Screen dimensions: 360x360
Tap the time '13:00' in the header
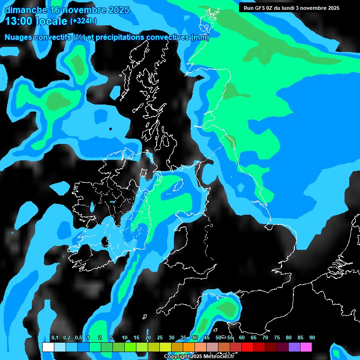pos(20,21)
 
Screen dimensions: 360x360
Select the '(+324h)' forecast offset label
pos(83,21)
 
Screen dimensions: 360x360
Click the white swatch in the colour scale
pos(48,347)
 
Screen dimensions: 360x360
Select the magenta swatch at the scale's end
pos(306,347)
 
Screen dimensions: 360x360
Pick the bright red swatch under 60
pos(247,347)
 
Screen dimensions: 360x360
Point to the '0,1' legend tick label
pos(54,338)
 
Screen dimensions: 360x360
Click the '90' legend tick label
pos(312,338)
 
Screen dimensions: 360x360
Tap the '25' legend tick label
pos(159,338)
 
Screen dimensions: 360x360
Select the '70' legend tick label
pos(265,338)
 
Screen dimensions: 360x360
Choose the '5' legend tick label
pos(111,338)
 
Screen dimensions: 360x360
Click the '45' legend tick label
pos(206,338)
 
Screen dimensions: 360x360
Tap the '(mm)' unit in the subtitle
pos(200,37)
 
